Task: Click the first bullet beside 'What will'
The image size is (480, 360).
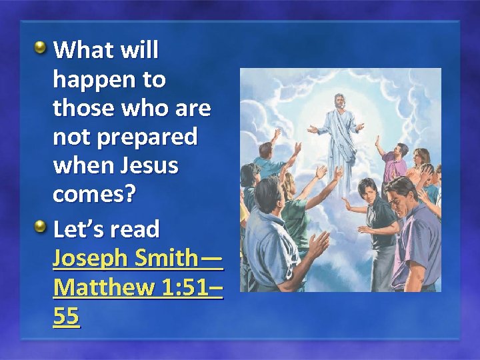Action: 41,48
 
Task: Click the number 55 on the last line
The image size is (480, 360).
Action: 66,317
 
